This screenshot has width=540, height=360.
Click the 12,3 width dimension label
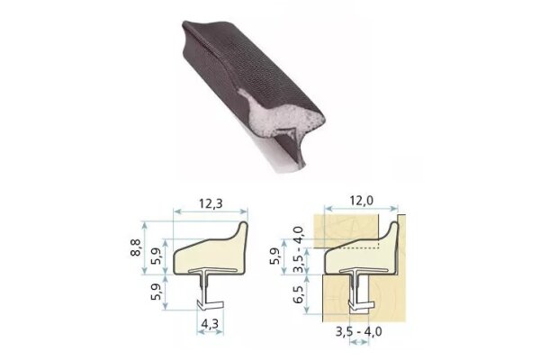(211, 203)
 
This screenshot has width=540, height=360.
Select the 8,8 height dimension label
(136, 247)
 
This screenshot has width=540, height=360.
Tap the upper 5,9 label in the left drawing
(157, 256)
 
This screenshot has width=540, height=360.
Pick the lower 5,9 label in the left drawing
(157, 292)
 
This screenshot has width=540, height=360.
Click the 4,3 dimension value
(210, 324)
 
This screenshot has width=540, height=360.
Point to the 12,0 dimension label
(361, 200)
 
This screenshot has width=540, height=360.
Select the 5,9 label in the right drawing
(274, 256)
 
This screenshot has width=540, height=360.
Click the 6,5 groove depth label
(298, 294)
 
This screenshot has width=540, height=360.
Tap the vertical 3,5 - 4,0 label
(298, 249)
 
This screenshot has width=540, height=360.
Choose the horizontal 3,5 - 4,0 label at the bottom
(358, 331)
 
